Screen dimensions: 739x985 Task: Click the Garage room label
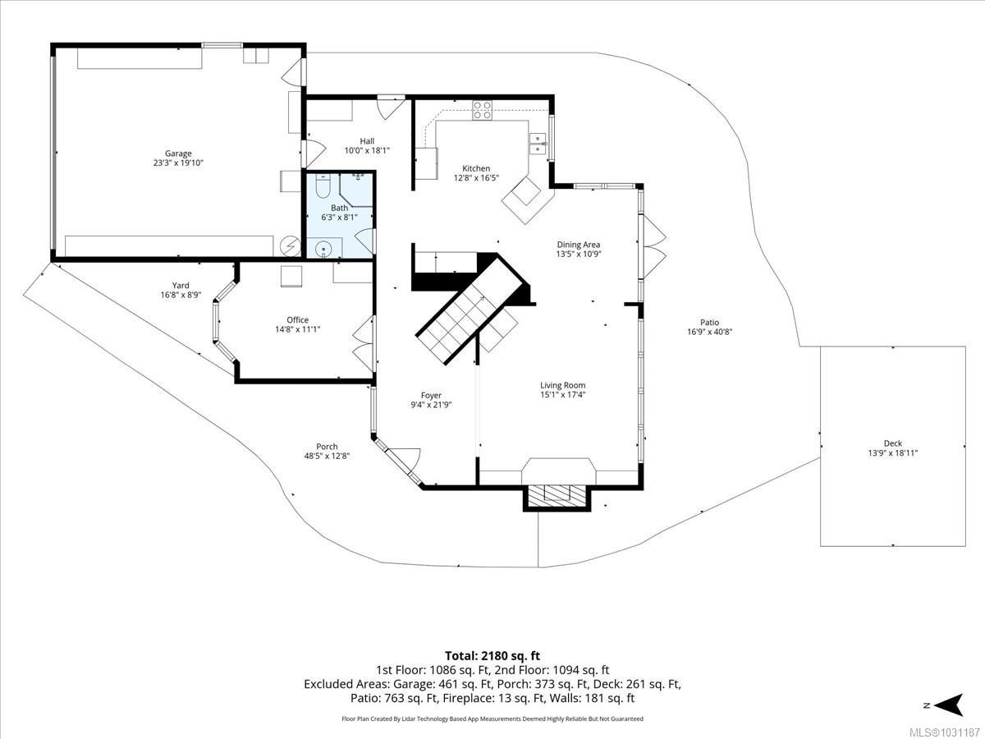(x=178, y=154)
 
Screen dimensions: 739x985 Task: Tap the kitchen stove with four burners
(x=482, y=109)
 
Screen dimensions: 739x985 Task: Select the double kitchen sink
(x=538, y=143)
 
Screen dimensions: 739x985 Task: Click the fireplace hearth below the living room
(x=557, y=494)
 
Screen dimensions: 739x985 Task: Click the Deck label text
(x=892, y=443)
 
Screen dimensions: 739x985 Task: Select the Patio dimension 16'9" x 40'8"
(x=709, y=333)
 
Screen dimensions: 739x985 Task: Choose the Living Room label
(x=562, y=385)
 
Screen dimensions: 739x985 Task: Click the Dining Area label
(x=579, y=245)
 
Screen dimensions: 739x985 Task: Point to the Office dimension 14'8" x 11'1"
(x=298, y=329)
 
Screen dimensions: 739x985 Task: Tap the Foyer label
(x=432, y=396)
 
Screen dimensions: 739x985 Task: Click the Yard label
(x=181, y=286)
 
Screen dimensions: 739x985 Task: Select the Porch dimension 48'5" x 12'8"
(x=327, y=457)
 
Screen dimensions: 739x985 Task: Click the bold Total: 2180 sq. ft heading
(x=492, y=655)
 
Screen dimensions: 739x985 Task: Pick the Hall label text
(x=367, y=141)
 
